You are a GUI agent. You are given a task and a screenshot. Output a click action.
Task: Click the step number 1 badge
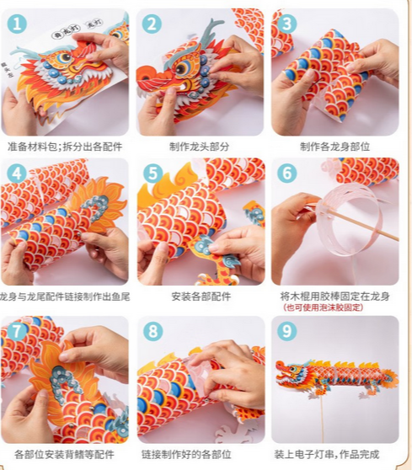[x=17, y=24]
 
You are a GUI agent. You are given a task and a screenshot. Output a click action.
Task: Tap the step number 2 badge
[x=152, y=24]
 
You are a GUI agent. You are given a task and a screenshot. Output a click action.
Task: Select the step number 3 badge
[x=286, y=24]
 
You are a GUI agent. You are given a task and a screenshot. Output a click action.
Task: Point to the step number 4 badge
[x=17, y=174]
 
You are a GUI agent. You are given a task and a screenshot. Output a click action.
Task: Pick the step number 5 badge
[x=152, y=174]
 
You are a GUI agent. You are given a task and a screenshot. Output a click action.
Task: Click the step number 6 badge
[x=287, y=173]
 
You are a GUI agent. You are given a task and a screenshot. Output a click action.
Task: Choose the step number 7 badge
[x=17, y=332]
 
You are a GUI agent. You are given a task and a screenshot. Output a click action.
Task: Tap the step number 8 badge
[x=152, y=332]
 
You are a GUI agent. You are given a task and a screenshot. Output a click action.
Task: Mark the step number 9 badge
[x=287, y=331]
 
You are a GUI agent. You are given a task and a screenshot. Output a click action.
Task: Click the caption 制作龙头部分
[x=200, y=147]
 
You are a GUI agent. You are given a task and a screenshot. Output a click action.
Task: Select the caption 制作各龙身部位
[x=335, y=147]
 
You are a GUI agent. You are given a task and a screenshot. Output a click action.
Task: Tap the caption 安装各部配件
[x=201, y=296]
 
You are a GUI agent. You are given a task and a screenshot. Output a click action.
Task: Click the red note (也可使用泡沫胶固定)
[x=324, y=307]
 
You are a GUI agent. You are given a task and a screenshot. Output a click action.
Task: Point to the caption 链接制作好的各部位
[x=186, y=454]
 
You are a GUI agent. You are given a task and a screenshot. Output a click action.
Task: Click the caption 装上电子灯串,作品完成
[x=327, y=454]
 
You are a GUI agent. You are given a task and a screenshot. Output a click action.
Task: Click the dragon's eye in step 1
[x=63, y=57]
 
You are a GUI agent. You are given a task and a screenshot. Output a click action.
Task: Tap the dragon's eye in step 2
[x=181, y=68]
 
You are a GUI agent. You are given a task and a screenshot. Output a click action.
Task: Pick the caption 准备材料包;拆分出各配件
[x=65, y=147]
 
